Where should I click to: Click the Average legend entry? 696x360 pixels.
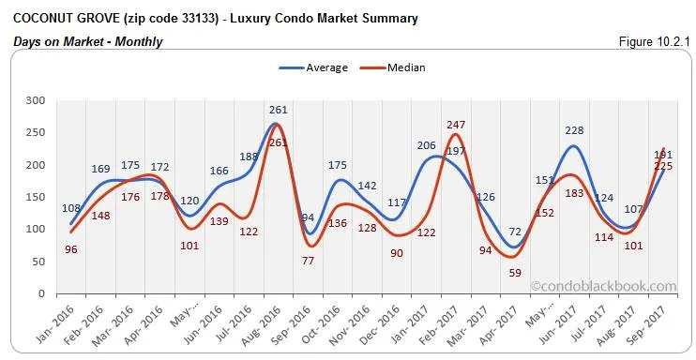(313, 67)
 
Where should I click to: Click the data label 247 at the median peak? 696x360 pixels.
(456, 125)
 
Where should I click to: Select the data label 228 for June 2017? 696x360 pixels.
(572, 131)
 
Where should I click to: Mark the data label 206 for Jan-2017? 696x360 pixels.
(427, 145)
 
